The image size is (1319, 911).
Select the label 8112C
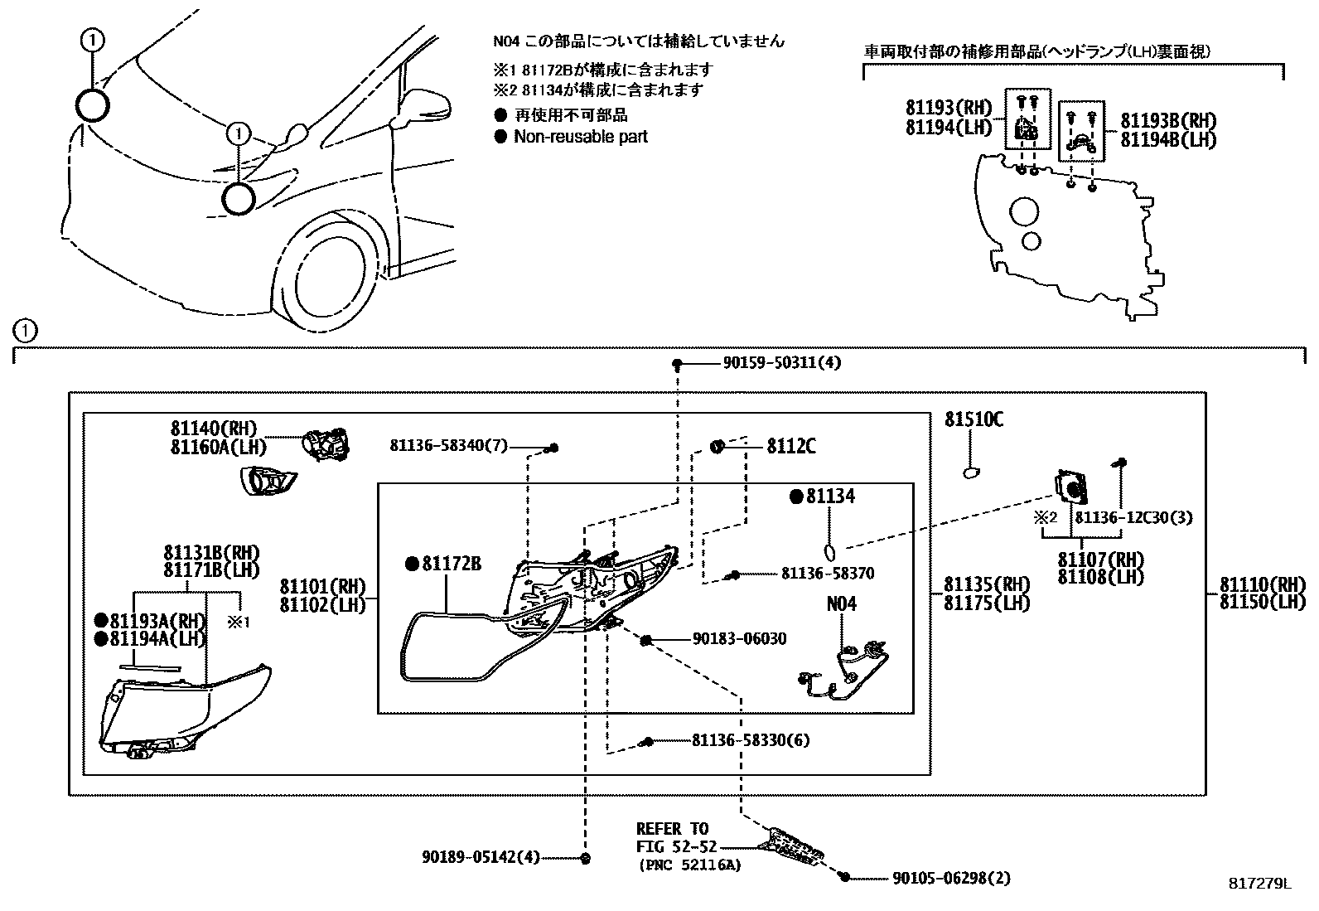click(790, 447)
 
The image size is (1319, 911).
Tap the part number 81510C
click(974, 420)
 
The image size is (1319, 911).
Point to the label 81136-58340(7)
click(448, 446)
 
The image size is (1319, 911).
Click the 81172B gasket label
click(451, 564)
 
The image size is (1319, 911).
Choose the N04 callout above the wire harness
click(841, 603)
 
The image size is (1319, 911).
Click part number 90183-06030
click(739, 638)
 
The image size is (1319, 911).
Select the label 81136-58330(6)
click(751, 740)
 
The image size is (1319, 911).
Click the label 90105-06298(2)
click(951, 878)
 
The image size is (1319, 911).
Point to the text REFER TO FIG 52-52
click(673, 838)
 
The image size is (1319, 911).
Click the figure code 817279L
click(1259, 885)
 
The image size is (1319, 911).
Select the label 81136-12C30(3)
click(1133, 517)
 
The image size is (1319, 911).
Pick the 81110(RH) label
click(1262, 585)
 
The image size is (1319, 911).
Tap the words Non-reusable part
click(580, 137)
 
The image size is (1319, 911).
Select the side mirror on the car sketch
click(424, 105)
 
